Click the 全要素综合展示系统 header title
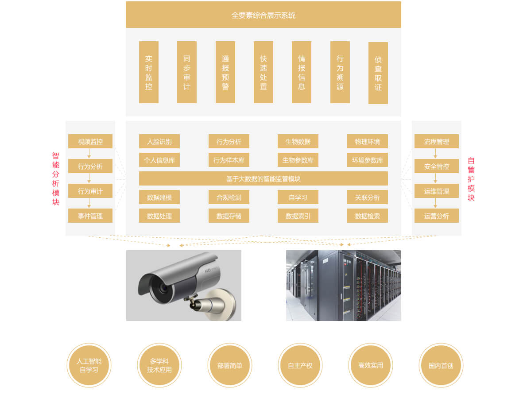click(263, 15)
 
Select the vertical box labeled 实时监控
click(149, 72)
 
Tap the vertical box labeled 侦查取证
click(378, 73)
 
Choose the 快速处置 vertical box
click(263, 72)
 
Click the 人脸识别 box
click(159, 142)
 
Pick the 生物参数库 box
click(298, 160)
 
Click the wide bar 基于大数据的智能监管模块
click(263, 179)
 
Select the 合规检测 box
click(229, 197)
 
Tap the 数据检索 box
click(367, 216)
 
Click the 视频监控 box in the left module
click(90, 142)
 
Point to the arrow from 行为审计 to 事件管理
click(89, 203)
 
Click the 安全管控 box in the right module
click(436, 166)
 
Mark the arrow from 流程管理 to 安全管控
click(435, 154)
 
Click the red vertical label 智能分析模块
click(56, 179)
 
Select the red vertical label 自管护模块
click(471, 179)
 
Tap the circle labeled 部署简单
click(230, 366)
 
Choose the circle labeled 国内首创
click(441, 366)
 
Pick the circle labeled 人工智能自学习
click(89, 366)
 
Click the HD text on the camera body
click(207, 270)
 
